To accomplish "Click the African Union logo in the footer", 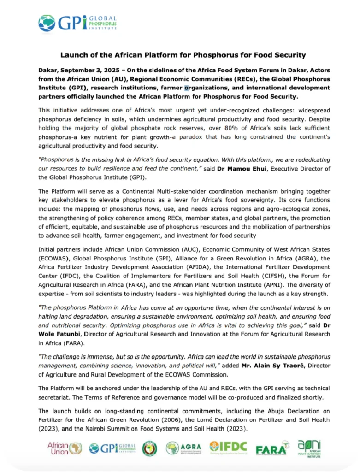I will pyautogui.click(x=65, y=448).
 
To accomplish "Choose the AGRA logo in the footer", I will pyautogui.click(x=183, y=448).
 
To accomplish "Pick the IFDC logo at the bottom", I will pyautogui.click(x=228, y=447).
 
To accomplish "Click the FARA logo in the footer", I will pyautogui.click(x=272, y=448).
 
